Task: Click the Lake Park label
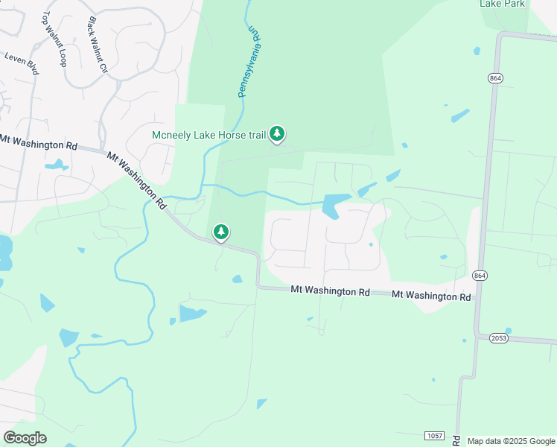point(503,4)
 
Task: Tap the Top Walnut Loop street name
point(54,39)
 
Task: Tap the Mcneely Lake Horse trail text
point(209,135)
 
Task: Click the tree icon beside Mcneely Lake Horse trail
point(278,134)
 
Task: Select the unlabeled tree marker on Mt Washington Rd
point(221,232)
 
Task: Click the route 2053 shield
point(500,337)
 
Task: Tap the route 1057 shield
point(434,434)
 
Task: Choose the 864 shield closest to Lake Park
point(494,78)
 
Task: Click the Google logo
point(25,437)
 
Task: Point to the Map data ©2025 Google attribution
point(511,441)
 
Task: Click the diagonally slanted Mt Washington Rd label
point(136,180)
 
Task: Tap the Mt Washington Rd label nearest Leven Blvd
point(39,142)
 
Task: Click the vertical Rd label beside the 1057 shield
point(456,441)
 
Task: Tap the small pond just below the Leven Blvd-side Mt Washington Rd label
point(56,164)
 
